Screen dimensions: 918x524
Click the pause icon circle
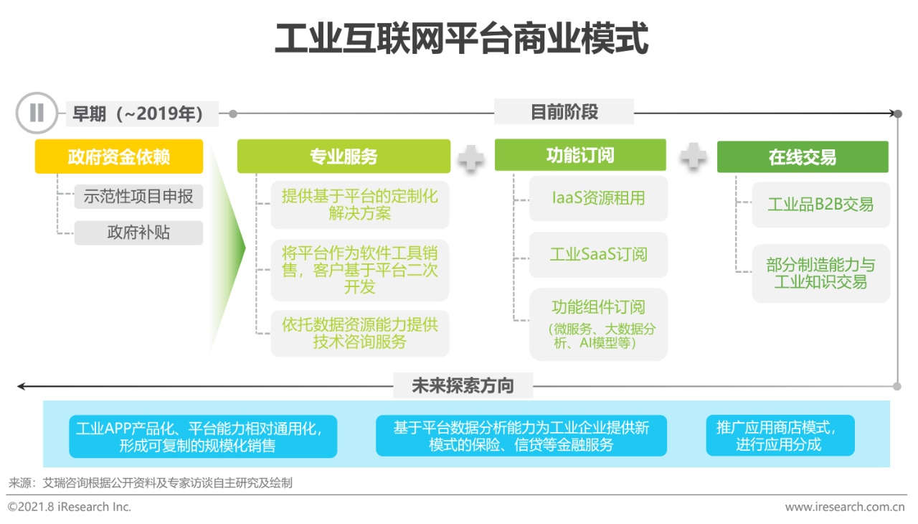click(37, 113)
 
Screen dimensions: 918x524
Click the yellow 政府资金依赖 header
click(119, 156)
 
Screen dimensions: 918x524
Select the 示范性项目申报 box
click(138, 197)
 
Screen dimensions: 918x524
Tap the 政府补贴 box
click(138, 233)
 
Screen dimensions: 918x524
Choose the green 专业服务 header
click(344, 156)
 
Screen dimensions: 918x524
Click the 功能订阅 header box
click(580, 155)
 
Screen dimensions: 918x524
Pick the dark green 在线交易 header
click(803, 156)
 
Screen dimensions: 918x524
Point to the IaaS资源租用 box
click(598, 198)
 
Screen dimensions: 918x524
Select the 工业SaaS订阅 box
click(598, 255)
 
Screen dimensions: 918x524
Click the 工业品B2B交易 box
click(821, 205)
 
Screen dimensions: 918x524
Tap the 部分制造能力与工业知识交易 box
click(821, 273)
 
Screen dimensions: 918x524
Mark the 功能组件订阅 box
click(598, 324)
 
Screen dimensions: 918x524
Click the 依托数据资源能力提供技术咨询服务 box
click(360, 333)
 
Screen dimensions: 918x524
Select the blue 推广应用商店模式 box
click(780, 436)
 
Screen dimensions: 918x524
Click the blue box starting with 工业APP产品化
click(203, 436)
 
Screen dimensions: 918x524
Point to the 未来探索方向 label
click(463, 385)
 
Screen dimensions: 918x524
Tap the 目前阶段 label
click(564, 111)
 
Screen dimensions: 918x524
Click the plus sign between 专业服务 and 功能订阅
click(471, 157)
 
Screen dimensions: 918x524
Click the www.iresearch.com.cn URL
click(845, 507)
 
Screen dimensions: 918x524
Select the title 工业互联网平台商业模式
click(461, 39)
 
